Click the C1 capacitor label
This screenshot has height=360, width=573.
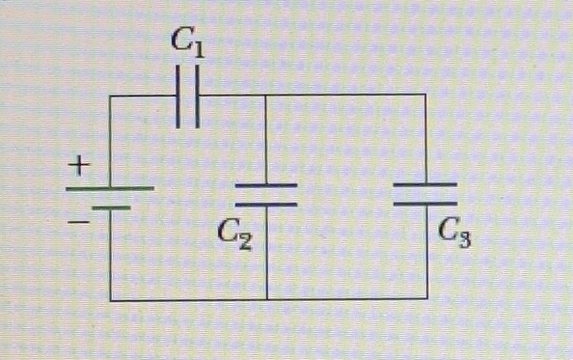(x=188, y=42)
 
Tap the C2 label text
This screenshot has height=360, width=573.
(x=234, y=233)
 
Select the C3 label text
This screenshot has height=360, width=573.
(x=455, y=232)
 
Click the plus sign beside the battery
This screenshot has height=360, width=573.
(x=78, y=166)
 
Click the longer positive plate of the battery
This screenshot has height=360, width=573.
(x=109, y=187)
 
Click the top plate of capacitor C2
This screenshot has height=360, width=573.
(x=265, y=185)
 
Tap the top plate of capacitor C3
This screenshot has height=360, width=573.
(x=425, y=183)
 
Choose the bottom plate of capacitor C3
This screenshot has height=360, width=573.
(x=425, y=203)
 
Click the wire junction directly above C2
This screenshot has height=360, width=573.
(x=265, y=95)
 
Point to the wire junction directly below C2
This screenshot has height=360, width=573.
(x=265, y=300)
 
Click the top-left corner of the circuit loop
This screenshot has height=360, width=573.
(x=111, y=96)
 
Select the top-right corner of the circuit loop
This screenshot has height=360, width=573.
(x=425, y=95)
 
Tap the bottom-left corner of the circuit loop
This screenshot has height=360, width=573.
(x=111, y=300)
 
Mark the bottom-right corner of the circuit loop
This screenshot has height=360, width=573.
(x=425, y=300)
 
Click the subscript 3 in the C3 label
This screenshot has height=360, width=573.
(x=465, y=236)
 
